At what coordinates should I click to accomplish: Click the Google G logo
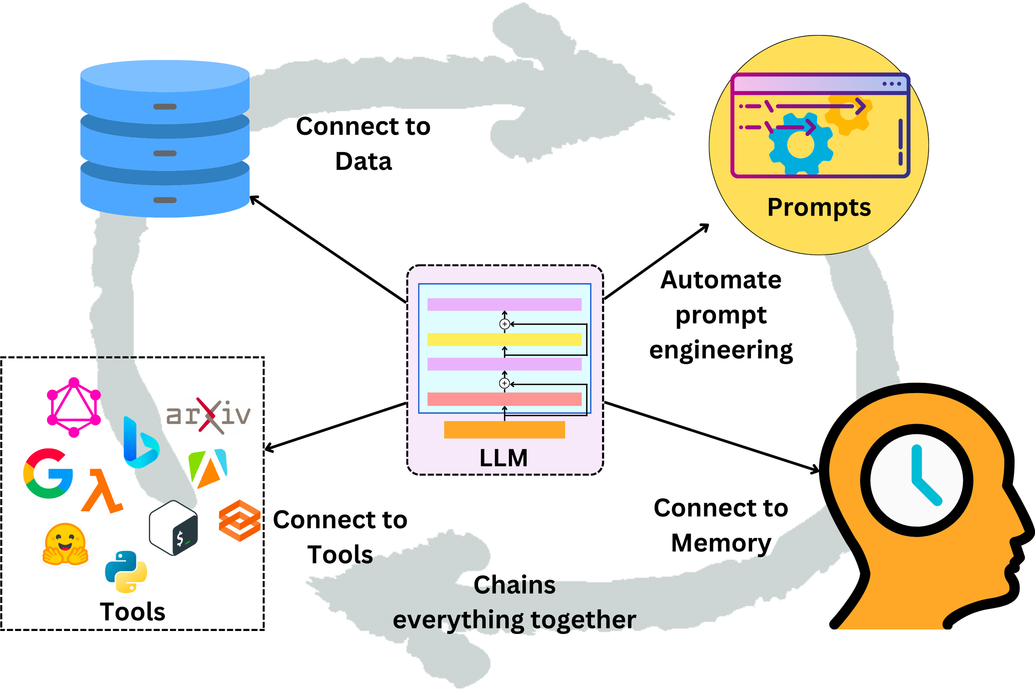[x=47, y=473]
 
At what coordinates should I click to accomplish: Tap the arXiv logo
[x=208, y=415]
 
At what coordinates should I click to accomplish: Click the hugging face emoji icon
[x=65, y=544]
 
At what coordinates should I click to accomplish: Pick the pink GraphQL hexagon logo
[x=74, y=407]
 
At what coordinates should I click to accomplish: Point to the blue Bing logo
[x=140, y=443]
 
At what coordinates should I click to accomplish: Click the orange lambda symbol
[x=102, y=491]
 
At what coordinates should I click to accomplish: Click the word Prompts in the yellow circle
[x=819, y=207]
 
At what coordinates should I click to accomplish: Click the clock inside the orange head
[x=916, y=480]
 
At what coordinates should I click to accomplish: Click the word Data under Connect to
[x=363, y=161]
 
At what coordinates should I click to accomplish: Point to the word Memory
[x=721, y=543]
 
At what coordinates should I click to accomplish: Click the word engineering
[x=721, y=350]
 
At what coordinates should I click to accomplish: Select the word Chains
[x=514, y=585]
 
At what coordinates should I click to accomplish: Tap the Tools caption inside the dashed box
[x=132, y=612]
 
